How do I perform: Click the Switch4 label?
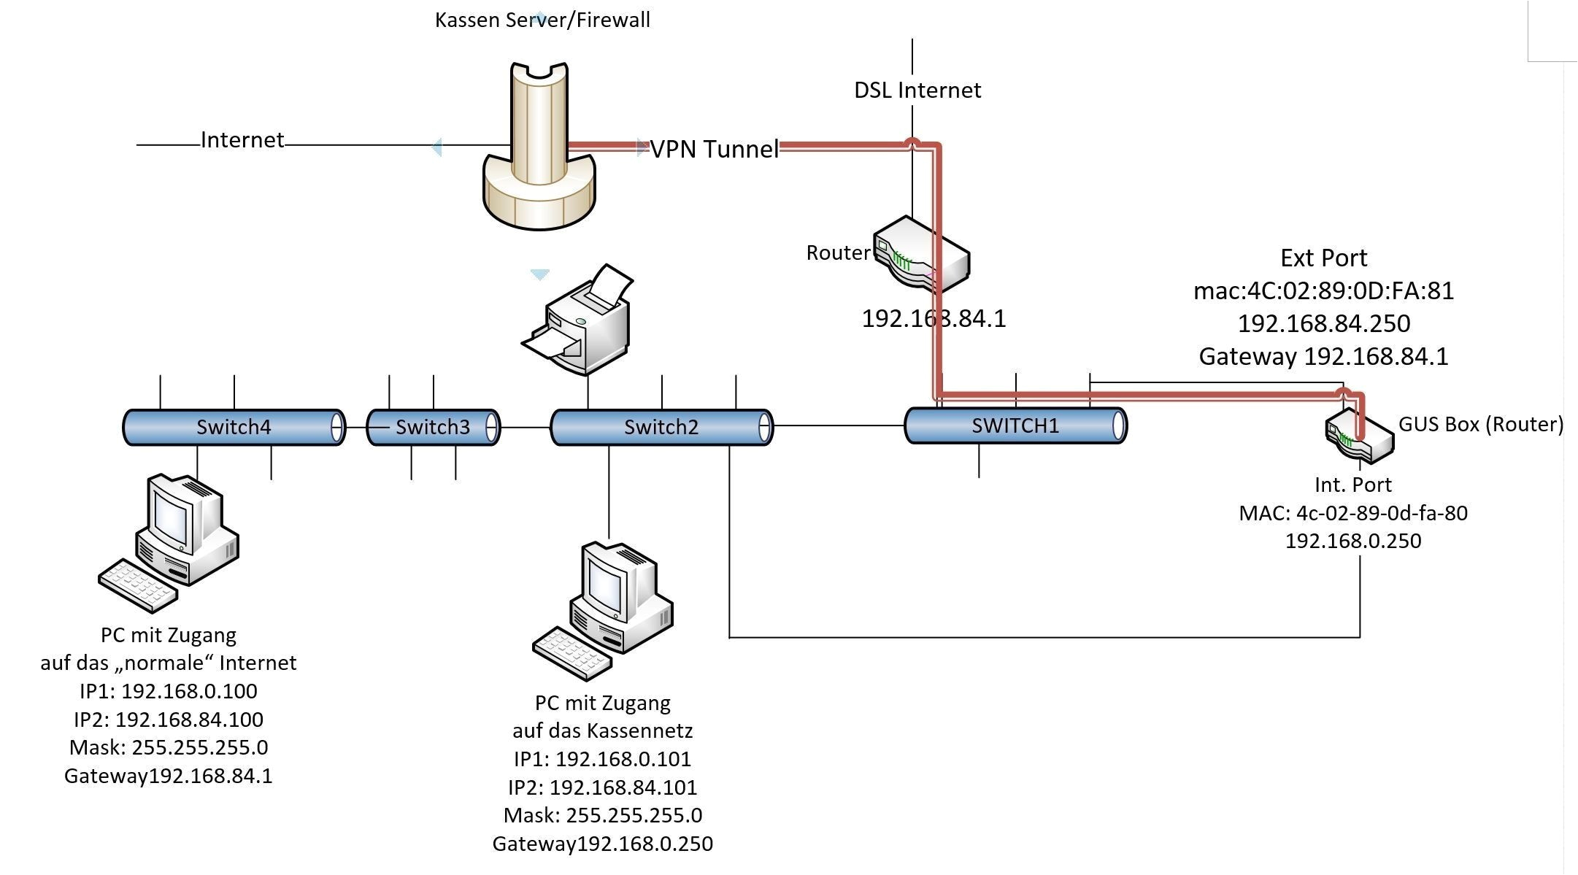point(234,427)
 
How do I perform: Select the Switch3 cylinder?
point(433,427)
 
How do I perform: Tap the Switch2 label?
point(661,427)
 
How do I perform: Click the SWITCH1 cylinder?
point(1015,425)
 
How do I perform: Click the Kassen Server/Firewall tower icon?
point(539,146)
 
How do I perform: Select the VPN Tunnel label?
point(715,149)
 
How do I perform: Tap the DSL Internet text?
point(917,90)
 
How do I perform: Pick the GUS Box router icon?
point(1359,436)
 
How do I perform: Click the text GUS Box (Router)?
point(1480,424)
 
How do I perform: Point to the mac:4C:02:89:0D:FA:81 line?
point(1323,290)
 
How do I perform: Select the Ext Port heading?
point(1323,258)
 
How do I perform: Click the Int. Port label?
point(1352,485)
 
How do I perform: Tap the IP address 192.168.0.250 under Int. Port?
point(1352,541)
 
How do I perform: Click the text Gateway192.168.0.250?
point(602,844)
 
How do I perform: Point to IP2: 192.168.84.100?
point(168,720)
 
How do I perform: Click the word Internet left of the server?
point(242,139)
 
